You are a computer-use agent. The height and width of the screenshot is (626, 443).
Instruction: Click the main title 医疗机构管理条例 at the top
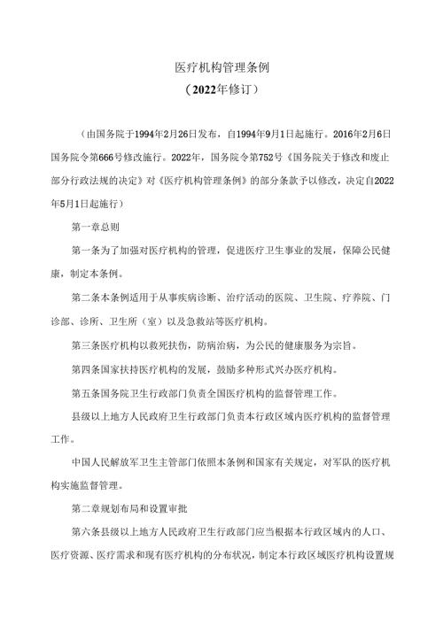click(x=221, y=67)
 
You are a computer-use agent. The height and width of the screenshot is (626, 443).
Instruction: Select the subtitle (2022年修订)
click(x=221, y=89)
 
